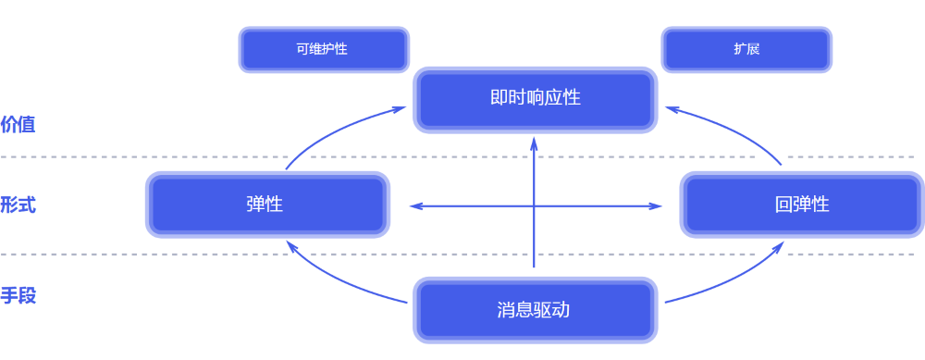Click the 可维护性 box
click(324, 49)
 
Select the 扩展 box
click(746, 49)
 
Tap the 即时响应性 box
click(535, 97)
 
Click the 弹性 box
click(265, 205)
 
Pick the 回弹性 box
click(801, 205)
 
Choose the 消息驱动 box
click(534, 310)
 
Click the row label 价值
click(18, 124)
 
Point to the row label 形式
click(18, 205)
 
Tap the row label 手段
click(18, 297)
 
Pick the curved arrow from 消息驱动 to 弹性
click(338, 282)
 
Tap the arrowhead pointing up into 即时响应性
click(535, 140)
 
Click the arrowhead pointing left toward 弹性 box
click(414, 205)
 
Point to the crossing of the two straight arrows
click(535, 205)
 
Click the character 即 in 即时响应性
click(498, 97)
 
